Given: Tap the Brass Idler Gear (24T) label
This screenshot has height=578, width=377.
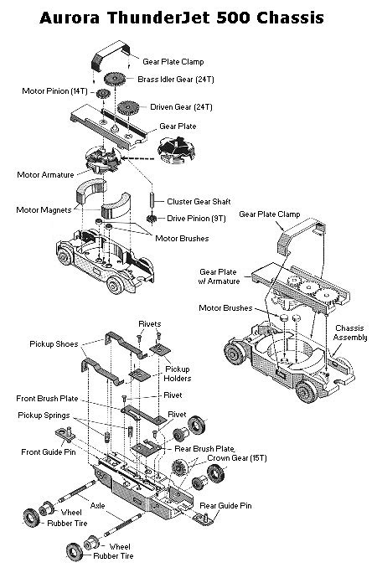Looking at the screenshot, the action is pyautogui.click(x=176, y=80).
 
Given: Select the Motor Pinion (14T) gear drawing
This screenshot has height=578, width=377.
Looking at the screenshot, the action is pyautogui.click(x=103, y=94).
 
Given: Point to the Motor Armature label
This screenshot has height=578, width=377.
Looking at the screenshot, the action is pyautogui.click(x=46, y=175).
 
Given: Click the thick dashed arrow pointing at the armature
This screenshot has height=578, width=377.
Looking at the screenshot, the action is pyautogui.click(x=137, y=159).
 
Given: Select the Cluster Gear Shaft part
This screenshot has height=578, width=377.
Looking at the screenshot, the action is pyautogui.click(x=151, y=199).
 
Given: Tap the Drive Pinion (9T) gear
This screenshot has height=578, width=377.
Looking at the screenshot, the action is pyautogui.click(x=151, y=219).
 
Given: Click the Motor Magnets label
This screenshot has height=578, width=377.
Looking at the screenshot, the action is pyautogui.click(x=44, y=210).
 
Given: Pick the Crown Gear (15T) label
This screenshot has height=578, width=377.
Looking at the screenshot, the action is pyautogui.click(x=237, y=458).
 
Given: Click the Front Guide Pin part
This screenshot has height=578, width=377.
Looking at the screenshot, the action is pyautogui.click(x=65, y=436).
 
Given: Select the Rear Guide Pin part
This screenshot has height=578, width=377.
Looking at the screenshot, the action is pyautogui.click(x=203, y=517).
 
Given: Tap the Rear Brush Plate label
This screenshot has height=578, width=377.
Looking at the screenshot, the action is pyautogui.click(x=204, y=449).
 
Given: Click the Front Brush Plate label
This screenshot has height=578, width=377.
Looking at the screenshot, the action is pyautogui.click(x=47, y=399).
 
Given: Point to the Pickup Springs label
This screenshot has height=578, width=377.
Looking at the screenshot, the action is pyautogui.click(x=44, y=415).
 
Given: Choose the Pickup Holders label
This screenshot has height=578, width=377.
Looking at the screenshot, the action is pyautogui.click(x=178, y=374).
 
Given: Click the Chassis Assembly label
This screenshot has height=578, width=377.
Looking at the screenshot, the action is pyautogui.click(x=350, y=333).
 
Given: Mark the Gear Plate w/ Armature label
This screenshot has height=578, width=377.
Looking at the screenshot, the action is pyautogui.click(x=219, y=276).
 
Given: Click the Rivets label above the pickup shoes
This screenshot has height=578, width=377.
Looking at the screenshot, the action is pyautogui.click(x=150, y=324).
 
